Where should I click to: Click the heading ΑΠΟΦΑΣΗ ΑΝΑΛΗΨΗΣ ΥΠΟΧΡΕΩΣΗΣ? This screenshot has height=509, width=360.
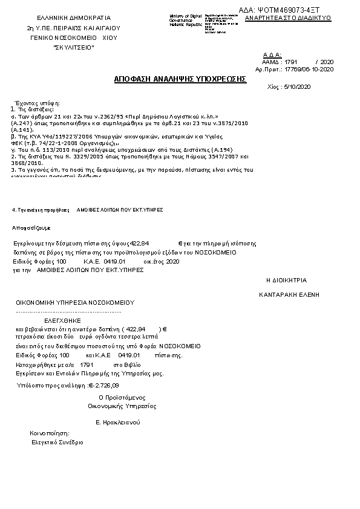[180, 79]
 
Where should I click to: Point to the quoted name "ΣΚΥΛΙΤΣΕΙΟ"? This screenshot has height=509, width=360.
[74, 47]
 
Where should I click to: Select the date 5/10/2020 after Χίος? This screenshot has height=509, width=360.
[296, 87]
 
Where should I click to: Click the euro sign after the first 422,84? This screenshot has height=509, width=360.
[180, 242]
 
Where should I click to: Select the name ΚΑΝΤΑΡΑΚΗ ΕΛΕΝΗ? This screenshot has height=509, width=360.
[289, 294]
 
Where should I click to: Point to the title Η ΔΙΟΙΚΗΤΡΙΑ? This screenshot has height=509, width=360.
[287, 280]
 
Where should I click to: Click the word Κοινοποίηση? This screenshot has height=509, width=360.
[50, 433]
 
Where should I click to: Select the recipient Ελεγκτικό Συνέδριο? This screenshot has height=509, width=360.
[57, 443]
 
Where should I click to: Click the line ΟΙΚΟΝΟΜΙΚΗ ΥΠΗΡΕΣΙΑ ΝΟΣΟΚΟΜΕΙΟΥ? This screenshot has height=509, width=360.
[75, 302]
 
